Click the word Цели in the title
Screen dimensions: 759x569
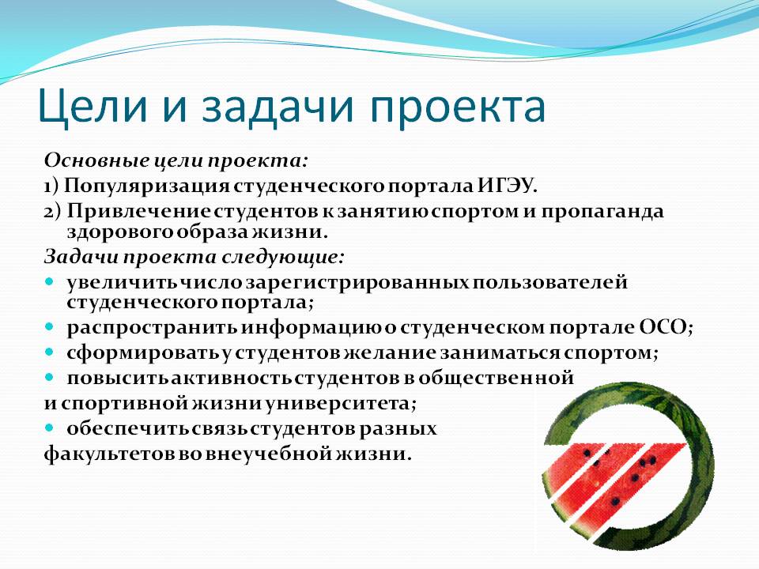pos(93,107)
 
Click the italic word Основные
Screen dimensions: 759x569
pos(96,160)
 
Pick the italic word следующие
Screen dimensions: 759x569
pos(282,257)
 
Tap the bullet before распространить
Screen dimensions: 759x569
pos(49,327)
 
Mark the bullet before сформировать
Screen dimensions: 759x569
pos(49,352)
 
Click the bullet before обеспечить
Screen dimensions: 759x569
pos(49,428)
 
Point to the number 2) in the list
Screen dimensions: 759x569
pos(53,212)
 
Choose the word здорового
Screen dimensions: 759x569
pos(120,232)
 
